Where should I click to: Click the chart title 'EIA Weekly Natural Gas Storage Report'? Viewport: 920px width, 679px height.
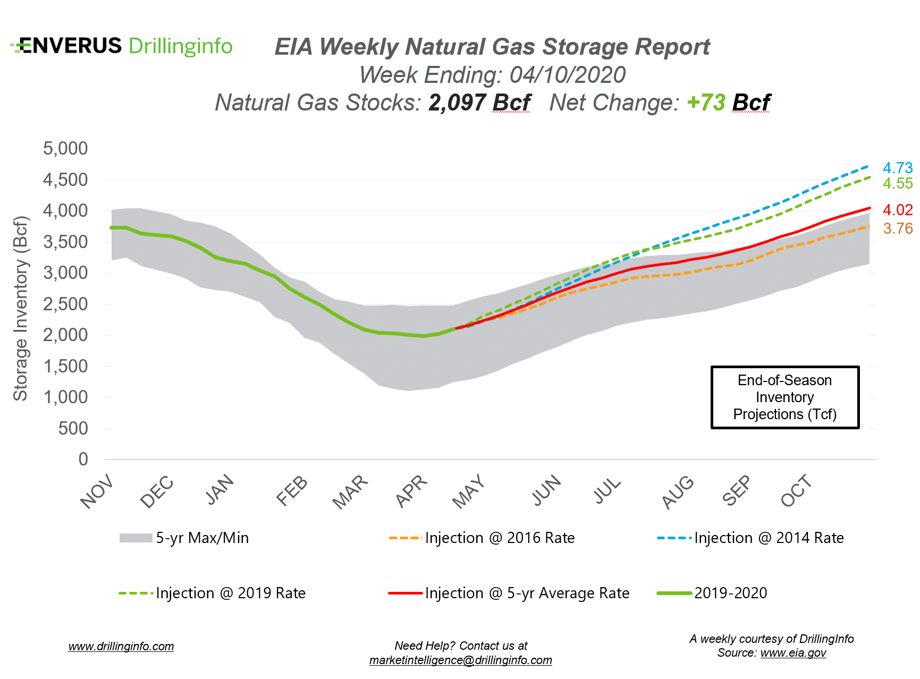coord(492,47)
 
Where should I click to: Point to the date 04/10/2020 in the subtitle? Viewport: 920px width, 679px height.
coord(567,75)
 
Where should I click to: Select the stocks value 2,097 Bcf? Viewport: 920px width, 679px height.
coord(479,103)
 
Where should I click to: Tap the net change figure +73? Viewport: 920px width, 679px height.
coord(706,103)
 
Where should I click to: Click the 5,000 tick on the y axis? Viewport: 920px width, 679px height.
coord(65,148)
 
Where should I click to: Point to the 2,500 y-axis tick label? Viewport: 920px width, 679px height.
coord(65,304)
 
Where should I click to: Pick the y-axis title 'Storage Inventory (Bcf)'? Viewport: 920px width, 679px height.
coord(20,308)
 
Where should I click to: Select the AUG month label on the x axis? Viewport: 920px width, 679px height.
coord(678,492)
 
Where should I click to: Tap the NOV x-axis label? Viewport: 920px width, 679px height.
coord(97,492)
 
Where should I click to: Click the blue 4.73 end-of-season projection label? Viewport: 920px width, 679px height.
coord(897,168)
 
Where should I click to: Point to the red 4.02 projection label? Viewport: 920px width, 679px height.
coord(897,210)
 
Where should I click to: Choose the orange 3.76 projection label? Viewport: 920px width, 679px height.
coord(897,228)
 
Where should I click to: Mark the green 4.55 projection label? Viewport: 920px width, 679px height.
coord(897,184)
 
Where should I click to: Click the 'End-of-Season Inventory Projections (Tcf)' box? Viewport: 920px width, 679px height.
coord(784,397)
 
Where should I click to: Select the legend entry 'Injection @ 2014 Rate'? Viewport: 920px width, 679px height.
coord(769,538)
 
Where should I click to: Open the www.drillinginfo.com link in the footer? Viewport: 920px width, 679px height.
coord(121,647)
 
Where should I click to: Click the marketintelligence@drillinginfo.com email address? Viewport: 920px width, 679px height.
coord(461,660)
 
